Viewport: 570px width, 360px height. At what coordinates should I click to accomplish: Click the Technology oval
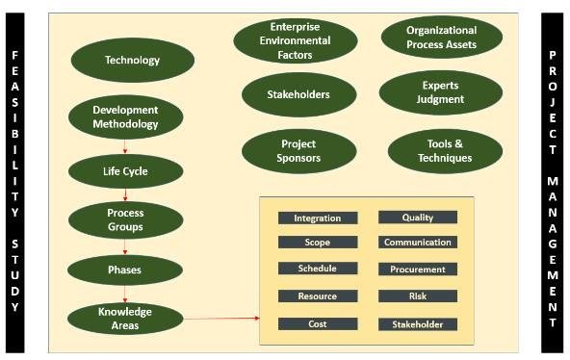[132, 61]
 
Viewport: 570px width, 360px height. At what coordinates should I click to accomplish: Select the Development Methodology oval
[125, 117]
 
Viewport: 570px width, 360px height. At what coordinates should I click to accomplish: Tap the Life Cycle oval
[125, 171]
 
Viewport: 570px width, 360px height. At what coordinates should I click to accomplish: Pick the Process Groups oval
[125, 219]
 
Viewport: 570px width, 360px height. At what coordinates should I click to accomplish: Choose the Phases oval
[125, 270]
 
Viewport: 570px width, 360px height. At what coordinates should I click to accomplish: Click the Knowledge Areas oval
[125, 318]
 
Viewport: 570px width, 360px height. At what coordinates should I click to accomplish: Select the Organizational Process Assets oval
[442, 38]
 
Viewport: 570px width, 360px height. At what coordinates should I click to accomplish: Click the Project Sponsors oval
[299, 150]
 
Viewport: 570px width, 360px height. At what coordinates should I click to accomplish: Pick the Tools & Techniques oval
[445, 151]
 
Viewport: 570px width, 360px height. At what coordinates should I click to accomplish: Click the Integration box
[317, 219]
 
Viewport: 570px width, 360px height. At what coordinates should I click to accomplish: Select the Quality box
[417, 219]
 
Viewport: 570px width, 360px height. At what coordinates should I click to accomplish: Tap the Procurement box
[417, 270]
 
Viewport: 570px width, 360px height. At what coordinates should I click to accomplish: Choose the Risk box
[417, 296]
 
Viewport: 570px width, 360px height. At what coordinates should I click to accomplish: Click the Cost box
[317, 324]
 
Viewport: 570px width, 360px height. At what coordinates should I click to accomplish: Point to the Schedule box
[317, 270]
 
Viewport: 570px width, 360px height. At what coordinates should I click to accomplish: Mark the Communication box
[417, 243]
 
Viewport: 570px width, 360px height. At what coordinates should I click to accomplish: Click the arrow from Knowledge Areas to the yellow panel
[220, 317]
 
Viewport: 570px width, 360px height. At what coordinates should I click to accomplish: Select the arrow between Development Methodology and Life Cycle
[125, 146]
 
